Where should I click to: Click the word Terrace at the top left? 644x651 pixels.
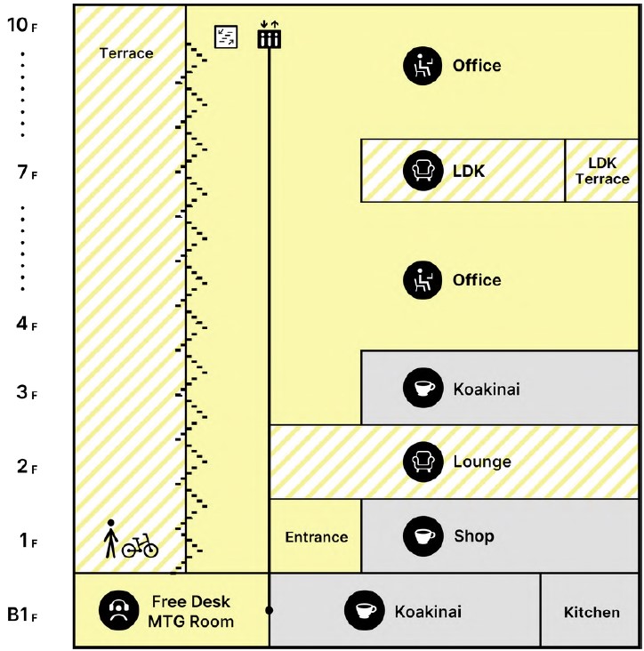(x=126, y=52)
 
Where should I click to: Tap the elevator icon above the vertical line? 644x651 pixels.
(x=269, y=36)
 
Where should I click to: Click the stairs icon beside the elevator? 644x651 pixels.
(x=227, y=36)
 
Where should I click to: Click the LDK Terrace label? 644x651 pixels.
(x=602, y=171)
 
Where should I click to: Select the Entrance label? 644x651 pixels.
(x=316, y=537)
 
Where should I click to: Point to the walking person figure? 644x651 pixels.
(x=110, y=538)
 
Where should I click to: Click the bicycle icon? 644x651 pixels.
(x=140, y=545)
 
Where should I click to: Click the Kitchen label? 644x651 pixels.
(x=592, y=612)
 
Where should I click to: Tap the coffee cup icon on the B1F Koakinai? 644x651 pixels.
(x=362, y=611)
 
